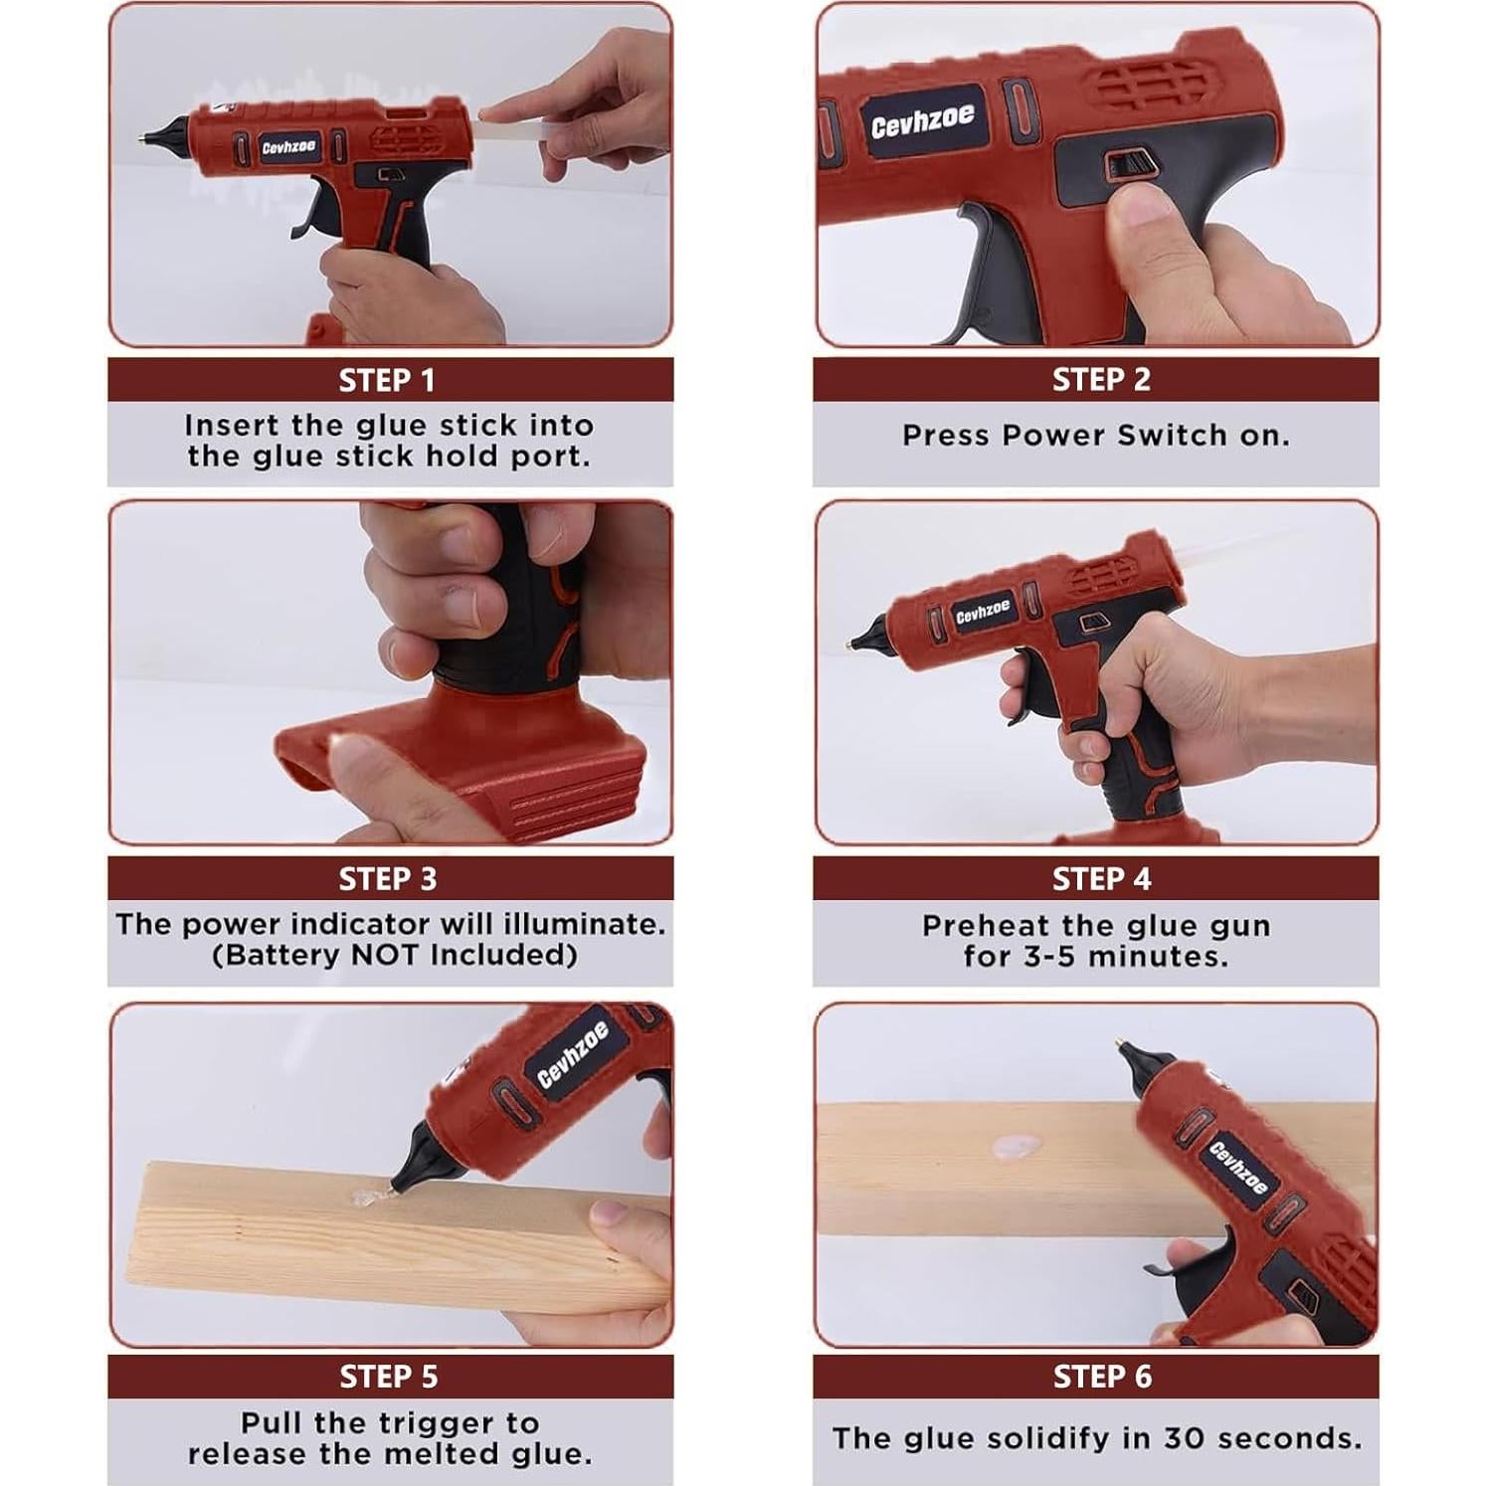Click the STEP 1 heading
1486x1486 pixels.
click(x=388, y=381)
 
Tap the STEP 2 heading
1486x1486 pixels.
click(x=1101, y=380)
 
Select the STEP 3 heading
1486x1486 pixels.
click(x=388, y=879)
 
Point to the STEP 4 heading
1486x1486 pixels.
click(x=1101, y=879)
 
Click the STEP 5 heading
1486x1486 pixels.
click(x=388, y=1377)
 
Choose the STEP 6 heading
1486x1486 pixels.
click(x=1101, y=1377)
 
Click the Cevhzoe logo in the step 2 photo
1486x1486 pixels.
click(x=923, y=120)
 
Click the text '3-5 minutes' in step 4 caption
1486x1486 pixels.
click(x=1096, y=957)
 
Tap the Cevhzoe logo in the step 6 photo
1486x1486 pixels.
click(x=1237, y=1168)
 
